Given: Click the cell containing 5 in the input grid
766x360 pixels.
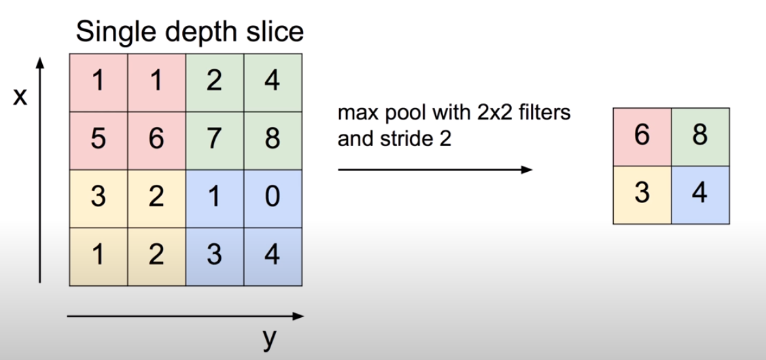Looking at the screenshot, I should [99, 140].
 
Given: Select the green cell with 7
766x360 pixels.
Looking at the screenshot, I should [214, 140].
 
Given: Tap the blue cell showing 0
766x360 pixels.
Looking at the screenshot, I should [271, 198].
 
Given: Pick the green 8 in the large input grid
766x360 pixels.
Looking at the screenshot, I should [271, 140].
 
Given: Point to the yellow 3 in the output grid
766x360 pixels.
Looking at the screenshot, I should [642, 195].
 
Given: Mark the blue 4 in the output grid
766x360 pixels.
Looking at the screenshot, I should [700, 195].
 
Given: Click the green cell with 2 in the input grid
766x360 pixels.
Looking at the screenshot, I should [214, 83].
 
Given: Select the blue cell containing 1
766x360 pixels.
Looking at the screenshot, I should [214, 198].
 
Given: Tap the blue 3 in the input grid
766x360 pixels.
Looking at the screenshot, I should [214, 256].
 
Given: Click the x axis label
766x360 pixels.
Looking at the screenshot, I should [20, 98].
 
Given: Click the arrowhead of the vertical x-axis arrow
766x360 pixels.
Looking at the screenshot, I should [41, 63].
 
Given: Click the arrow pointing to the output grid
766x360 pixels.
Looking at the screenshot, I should [435, 170].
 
